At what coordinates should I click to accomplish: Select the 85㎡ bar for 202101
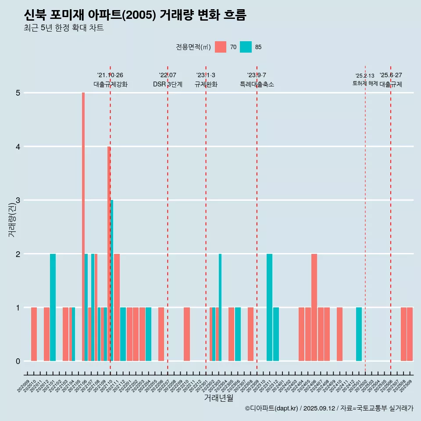(x=53, y=307)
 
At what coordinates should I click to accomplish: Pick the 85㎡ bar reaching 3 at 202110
(x=112, y=281)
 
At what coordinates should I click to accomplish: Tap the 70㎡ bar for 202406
(x=314, y=307)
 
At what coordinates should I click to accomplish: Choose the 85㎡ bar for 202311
(x=269, y=307)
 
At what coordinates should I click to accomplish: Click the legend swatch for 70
(x=221, y=47)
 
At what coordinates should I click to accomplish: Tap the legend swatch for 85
(x=246, y=47)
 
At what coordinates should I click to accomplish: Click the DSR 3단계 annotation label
(x=168, y=84)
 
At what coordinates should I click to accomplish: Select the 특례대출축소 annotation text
(x=257, y=84)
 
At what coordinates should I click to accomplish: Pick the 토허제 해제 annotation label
(x=365, y=83)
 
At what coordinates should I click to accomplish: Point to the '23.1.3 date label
(x=206, y=75)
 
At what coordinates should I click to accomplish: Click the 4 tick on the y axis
(x=18, y=146)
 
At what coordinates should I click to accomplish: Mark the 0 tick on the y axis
(x=18, y=361)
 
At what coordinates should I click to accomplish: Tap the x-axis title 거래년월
(x=218, y=398)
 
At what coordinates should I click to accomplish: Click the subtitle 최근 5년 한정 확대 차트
(x=64, y=28)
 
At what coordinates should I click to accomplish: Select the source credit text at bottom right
(x=329, y=408)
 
